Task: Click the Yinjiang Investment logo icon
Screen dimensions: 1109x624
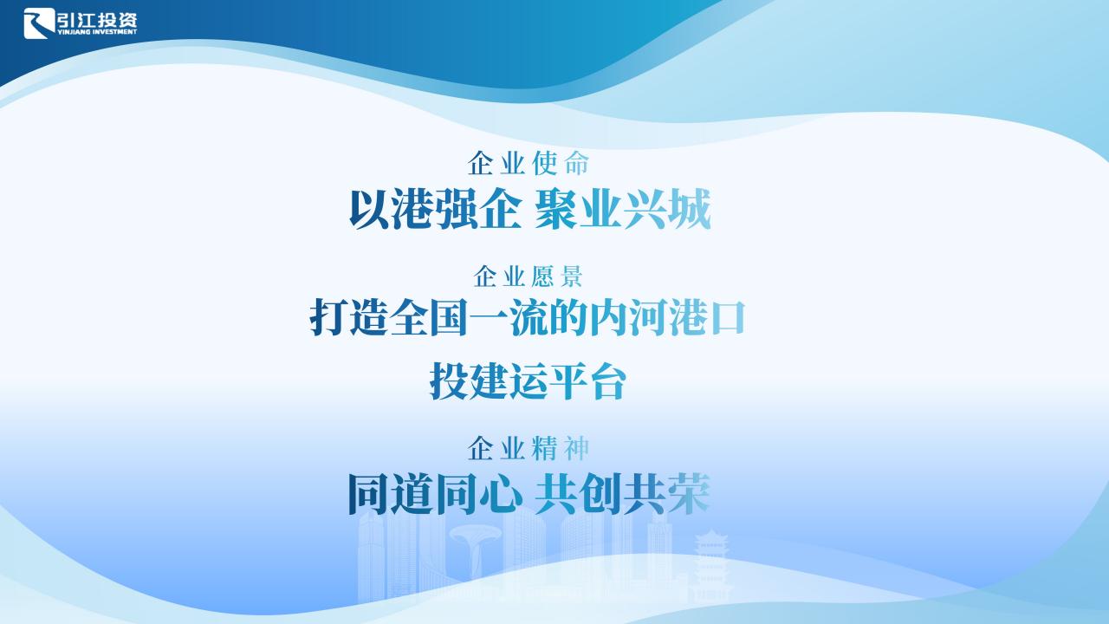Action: tap(40, 23)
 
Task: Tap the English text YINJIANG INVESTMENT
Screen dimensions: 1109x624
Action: tap(97, 32)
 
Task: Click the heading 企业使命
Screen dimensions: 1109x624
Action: tap(529, 163)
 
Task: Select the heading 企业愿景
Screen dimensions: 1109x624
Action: tap(529, 276)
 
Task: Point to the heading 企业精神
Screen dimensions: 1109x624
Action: tap(529, 448)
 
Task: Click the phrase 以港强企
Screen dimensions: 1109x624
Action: tap(435, 209)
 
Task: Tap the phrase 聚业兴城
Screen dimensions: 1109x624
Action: tap(623, 209)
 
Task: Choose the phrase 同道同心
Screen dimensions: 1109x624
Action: tap(435, 494)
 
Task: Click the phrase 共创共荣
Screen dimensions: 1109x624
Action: tap(623, 494)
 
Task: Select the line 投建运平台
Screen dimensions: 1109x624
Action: tap(529, 380)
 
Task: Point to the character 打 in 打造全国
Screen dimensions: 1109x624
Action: tap(328, 317)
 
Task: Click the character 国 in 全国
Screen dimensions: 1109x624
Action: tap(449, 317)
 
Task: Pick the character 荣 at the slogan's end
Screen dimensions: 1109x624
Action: tap(689, 494)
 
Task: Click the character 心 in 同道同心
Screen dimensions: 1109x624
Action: tap(501, 494)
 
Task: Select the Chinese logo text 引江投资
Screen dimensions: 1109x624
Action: tap(97, 19)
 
